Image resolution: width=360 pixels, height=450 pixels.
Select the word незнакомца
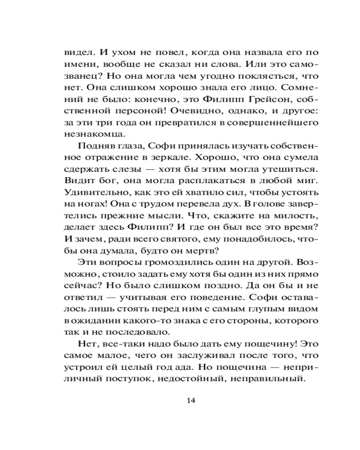91,134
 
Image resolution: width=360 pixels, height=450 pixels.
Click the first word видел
77,52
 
